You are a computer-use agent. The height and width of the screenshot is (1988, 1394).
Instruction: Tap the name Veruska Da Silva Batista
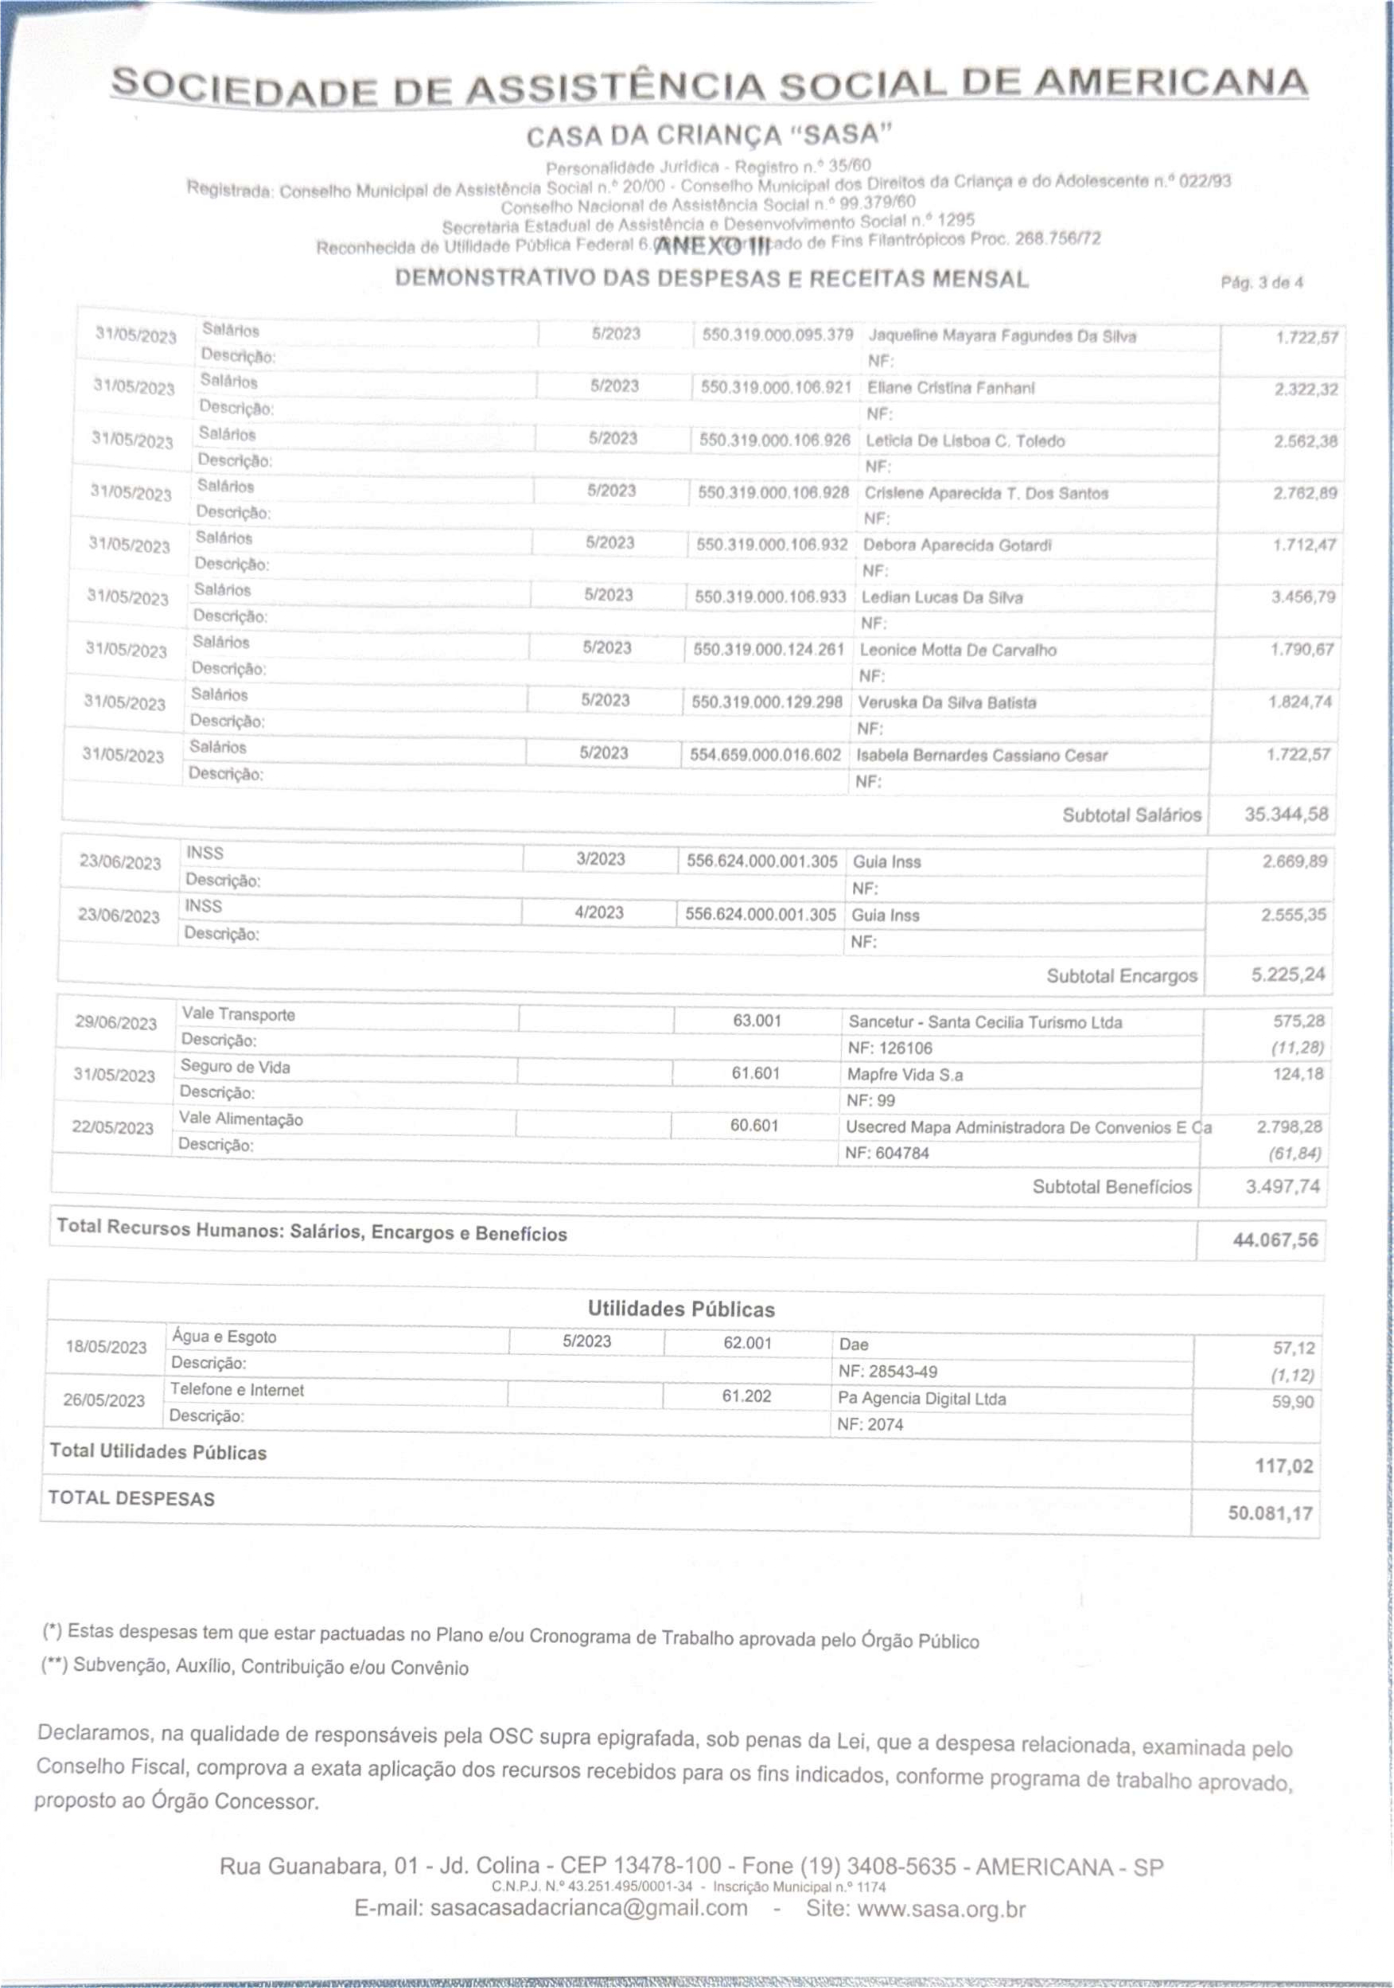(946, 702)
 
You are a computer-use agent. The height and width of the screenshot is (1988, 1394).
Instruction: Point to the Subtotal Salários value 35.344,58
(1286, 814)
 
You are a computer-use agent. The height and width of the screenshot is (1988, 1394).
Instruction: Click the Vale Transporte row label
(238, 1014)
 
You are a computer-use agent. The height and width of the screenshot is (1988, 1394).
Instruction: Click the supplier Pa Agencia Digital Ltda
(921, 1399)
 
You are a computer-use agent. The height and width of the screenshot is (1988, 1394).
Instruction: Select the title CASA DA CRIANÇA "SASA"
(708, 136)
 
